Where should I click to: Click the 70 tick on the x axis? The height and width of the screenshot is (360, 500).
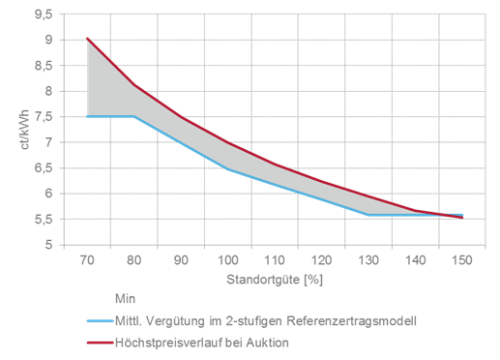[x=87, y=260]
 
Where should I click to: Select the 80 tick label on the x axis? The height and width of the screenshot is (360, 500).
[x=133, y=260]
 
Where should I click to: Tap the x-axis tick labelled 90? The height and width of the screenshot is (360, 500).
[x=181, y=260]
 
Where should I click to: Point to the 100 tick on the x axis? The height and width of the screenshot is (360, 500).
[x=227, y=260]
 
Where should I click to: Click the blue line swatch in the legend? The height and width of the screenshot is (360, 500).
[x=99, y=318]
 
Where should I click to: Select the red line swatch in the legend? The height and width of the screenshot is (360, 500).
[x=99, y=341]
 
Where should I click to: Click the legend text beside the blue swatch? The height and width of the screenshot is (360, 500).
[x=255, y=318]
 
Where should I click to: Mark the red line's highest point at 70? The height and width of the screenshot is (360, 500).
[x=87, y=38]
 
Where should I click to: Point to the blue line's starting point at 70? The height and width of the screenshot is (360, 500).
[x=87, y=116]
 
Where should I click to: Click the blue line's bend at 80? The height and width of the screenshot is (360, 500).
[x=133, y=116]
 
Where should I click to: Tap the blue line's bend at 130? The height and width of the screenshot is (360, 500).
[x=368, y=215]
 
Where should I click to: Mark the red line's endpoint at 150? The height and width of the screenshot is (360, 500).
[x=461, y=219]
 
